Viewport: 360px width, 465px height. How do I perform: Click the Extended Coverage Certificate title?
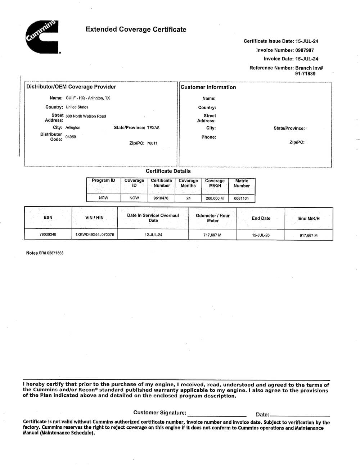coord(136,29)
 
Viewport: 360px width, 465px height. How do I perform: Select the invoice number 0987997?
coord(304,50)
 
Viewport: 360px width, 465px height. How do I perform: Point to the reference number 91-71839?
coord(305,74)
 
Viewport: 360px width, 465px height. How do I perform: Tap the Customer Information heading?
coord(208,87)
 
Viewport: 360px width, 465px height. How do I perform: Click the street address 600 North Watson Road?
coord(86,116)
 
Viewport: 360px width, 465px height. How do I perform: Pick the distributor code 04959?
coord(71,137)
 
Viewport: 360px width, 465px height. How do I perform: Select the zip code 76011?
coord(152,143)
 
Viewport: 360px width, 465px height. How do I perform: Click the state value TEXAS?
coord(153,128)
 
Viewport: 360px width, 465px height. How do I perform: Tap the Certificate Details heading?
coord(168,171)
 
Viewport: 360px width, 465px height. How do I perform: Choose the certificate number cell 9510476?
coord(161,198)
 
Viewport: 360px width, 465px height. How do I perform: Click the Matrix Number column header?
coord(242,183)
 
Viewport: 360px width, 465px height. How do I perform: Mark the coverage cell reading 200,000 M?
coord(215,199)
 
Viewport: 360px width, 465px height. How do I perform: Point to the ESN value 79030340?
coord(48,234)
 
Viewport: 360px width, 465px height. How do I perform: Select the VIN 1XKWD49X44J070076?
coord(95,235)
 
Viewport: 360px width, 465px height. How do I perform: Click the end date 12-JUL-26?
coord(261,235)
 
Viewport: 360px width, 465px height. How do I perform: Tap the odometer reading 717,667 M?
coord(212,235)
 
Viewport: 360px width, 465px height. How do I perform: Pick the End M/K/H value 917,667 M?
coord(309,236)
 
